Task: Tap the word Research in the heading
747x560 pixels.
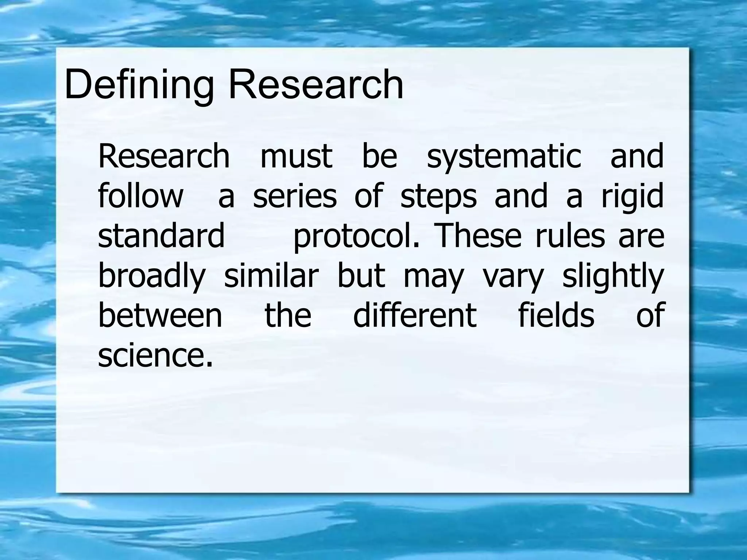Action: (x=316, y=85)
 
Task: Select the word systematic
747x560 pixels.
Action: (x=504, y=157)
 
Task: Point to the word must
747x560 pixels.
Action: (x=296, y=157)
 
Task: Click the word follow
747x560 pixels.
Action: (x=140, y=196)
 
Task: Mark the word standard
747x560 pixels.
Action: (x=161, y=236)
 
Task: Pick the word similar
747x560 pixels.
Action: (x=271, y=275)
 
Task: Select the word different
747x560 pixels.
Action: (x=415, y=315)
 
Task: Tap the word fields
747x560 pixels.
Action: (x=556, y=315)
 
